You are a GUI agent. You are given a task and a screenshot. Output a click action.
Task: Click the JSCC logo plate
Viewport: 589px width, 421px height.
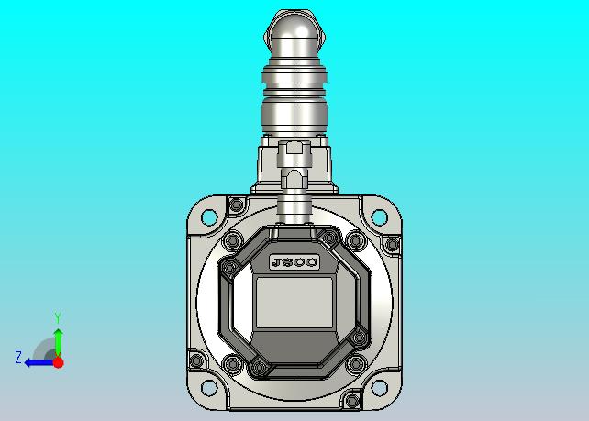[294, 262]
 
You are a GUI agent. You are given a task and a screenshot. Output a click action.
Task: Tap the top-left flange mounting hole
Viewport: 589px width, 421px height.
[209, 217]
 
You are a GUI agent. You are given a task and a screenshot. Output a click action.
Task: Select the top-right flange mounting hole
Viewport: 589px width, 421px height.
[379, 217]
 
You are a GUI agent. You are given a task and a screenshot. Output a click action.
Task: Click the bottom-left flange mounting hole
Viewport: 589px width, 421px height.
[209, 388]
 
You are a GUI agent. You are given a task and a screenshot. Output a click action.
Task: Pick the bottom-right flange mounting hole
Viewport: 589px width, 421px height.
[379, 388]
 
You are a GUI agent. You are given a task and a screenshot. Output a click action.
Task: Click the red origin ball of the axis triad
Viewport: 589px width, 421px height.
[58, 362]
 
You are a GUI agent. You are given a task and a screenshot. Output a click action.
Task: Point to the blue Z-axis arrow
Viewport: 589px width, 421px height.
[39, 363]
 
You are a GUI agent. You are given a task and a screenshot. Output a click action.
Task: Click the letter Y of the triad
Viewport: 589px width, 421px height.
[58, 317]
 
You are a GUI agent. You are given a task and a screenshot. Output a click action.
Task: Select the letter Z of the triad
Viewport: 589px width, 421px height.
[18, 357]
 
